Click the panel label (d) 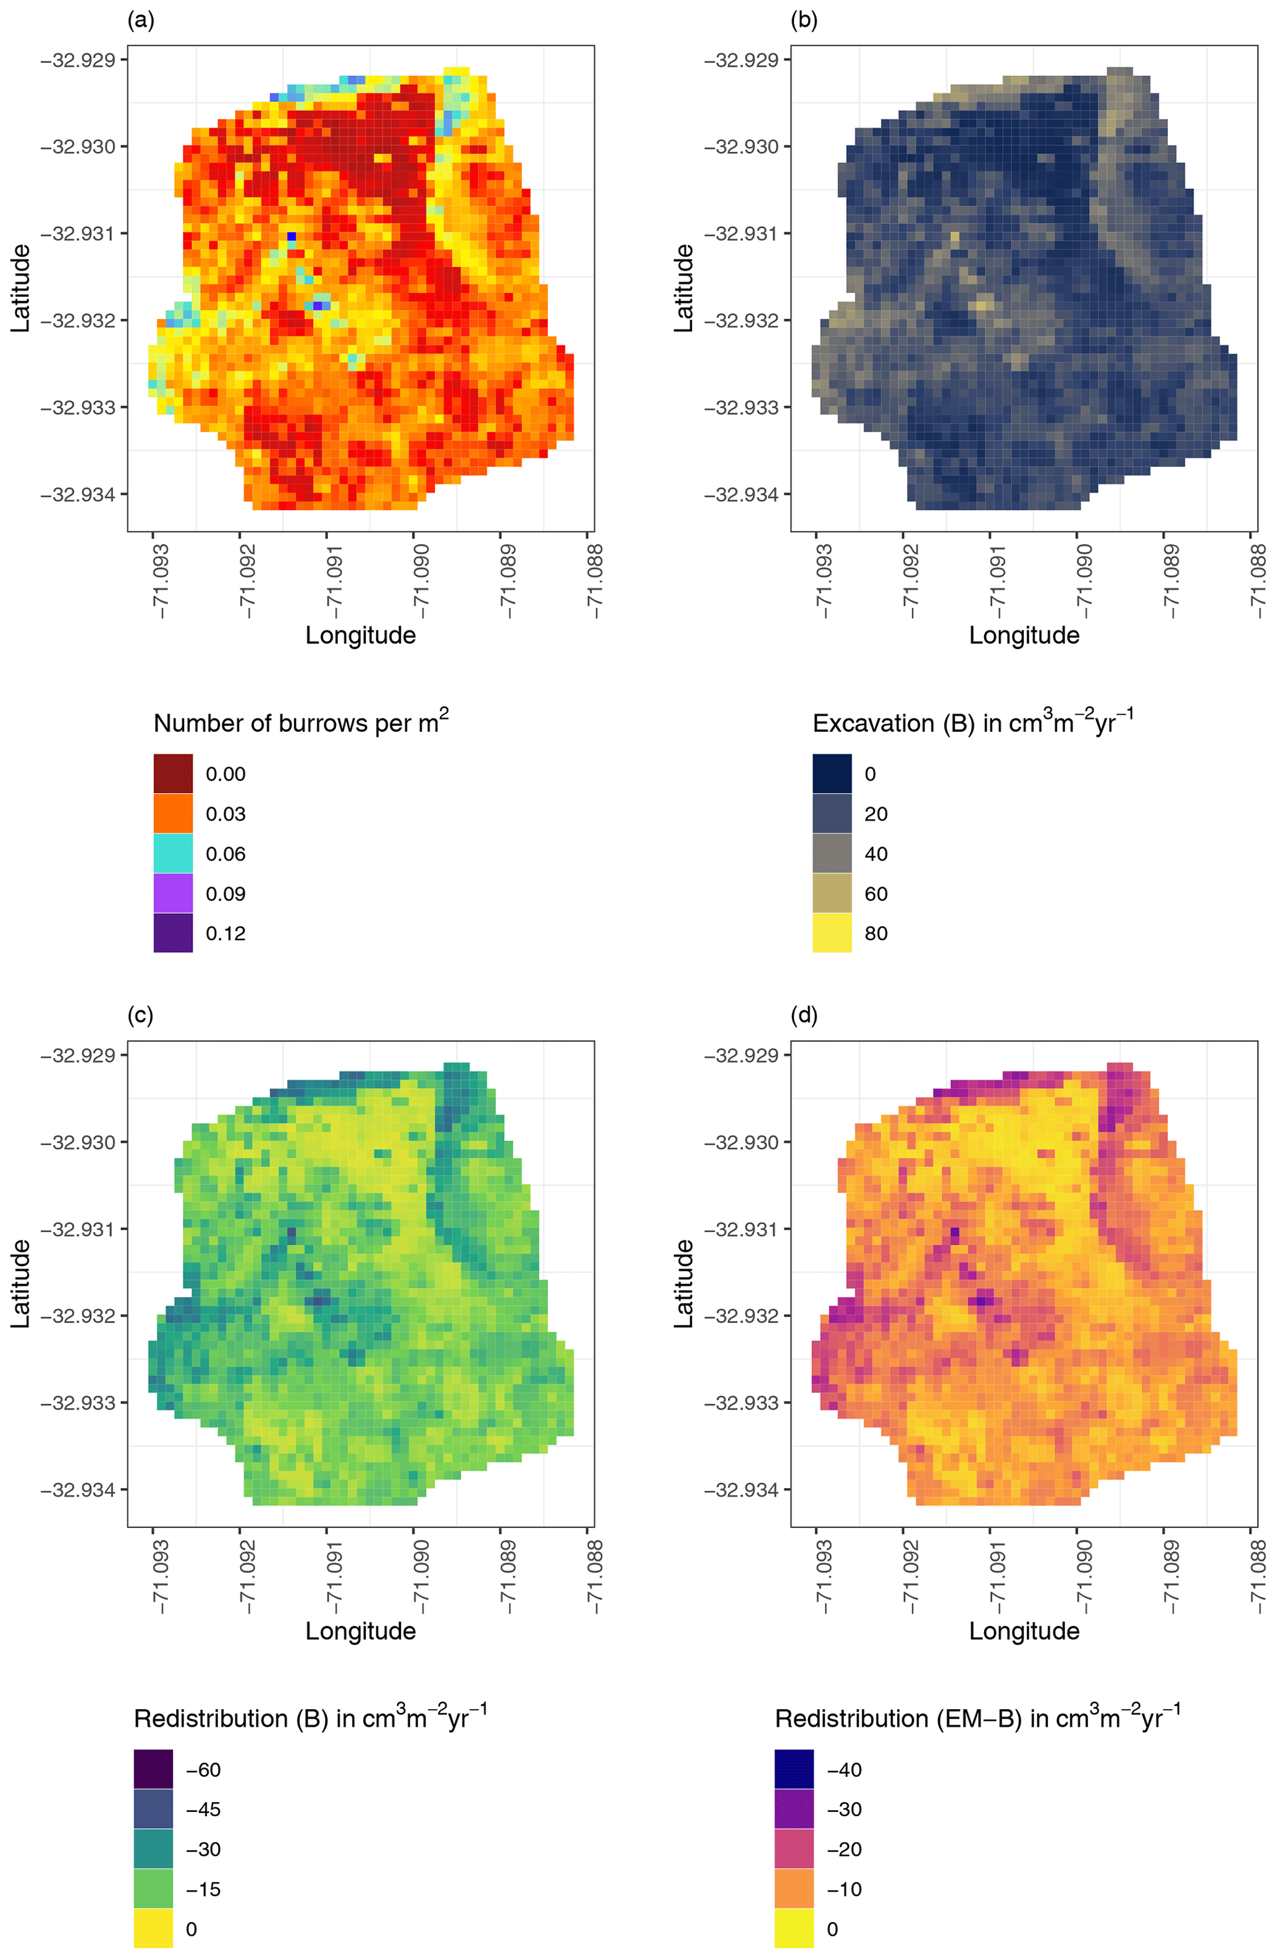804,1016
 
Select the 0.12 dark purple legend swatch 173,933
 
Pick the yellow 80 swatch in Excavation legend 832,933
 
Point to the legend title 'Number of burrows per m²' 301,722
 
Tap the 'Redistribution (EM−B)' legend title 977,1718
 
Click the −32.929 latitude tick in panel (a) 78,60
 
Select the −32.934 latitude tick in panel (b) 741,495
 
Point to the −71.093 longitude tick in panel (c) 159,1576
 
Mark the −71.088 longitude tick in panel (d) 1257,1576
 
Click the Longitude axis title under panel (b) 1024,635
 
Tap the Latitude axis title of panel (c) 20,1283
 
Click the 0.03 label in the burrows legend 225,814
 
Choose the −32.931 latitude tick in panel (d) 741,1229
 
